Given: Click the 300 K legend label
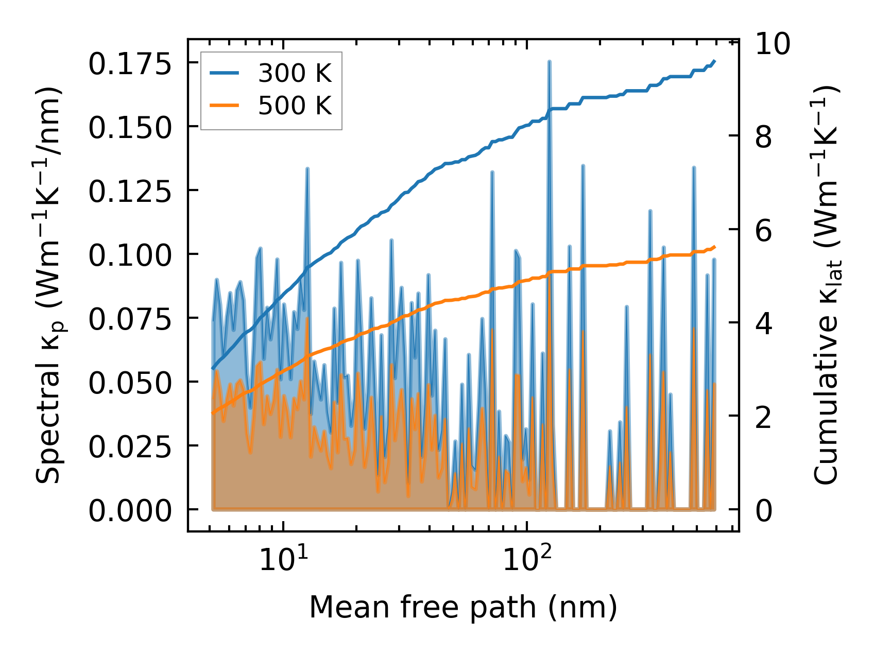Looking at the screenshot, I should (x=295, y=74).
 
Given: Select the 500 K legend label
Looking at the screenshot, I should (x=295, y=106).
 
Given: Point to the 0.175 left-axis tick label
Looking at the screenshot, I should (x=129, y=64).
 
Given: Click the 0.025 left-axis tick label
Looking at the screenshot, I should (x=129, y=447).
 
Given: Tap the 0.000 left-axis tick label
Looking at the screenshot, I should (x=129, y=511).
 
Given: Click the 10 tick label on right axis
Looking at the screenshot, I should (x=773, y=44).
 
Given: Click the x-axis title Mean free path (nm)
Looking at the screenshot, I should (x=462, y=607).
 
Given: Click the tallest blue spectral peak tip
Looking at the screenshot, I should (x=550, y=61).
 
